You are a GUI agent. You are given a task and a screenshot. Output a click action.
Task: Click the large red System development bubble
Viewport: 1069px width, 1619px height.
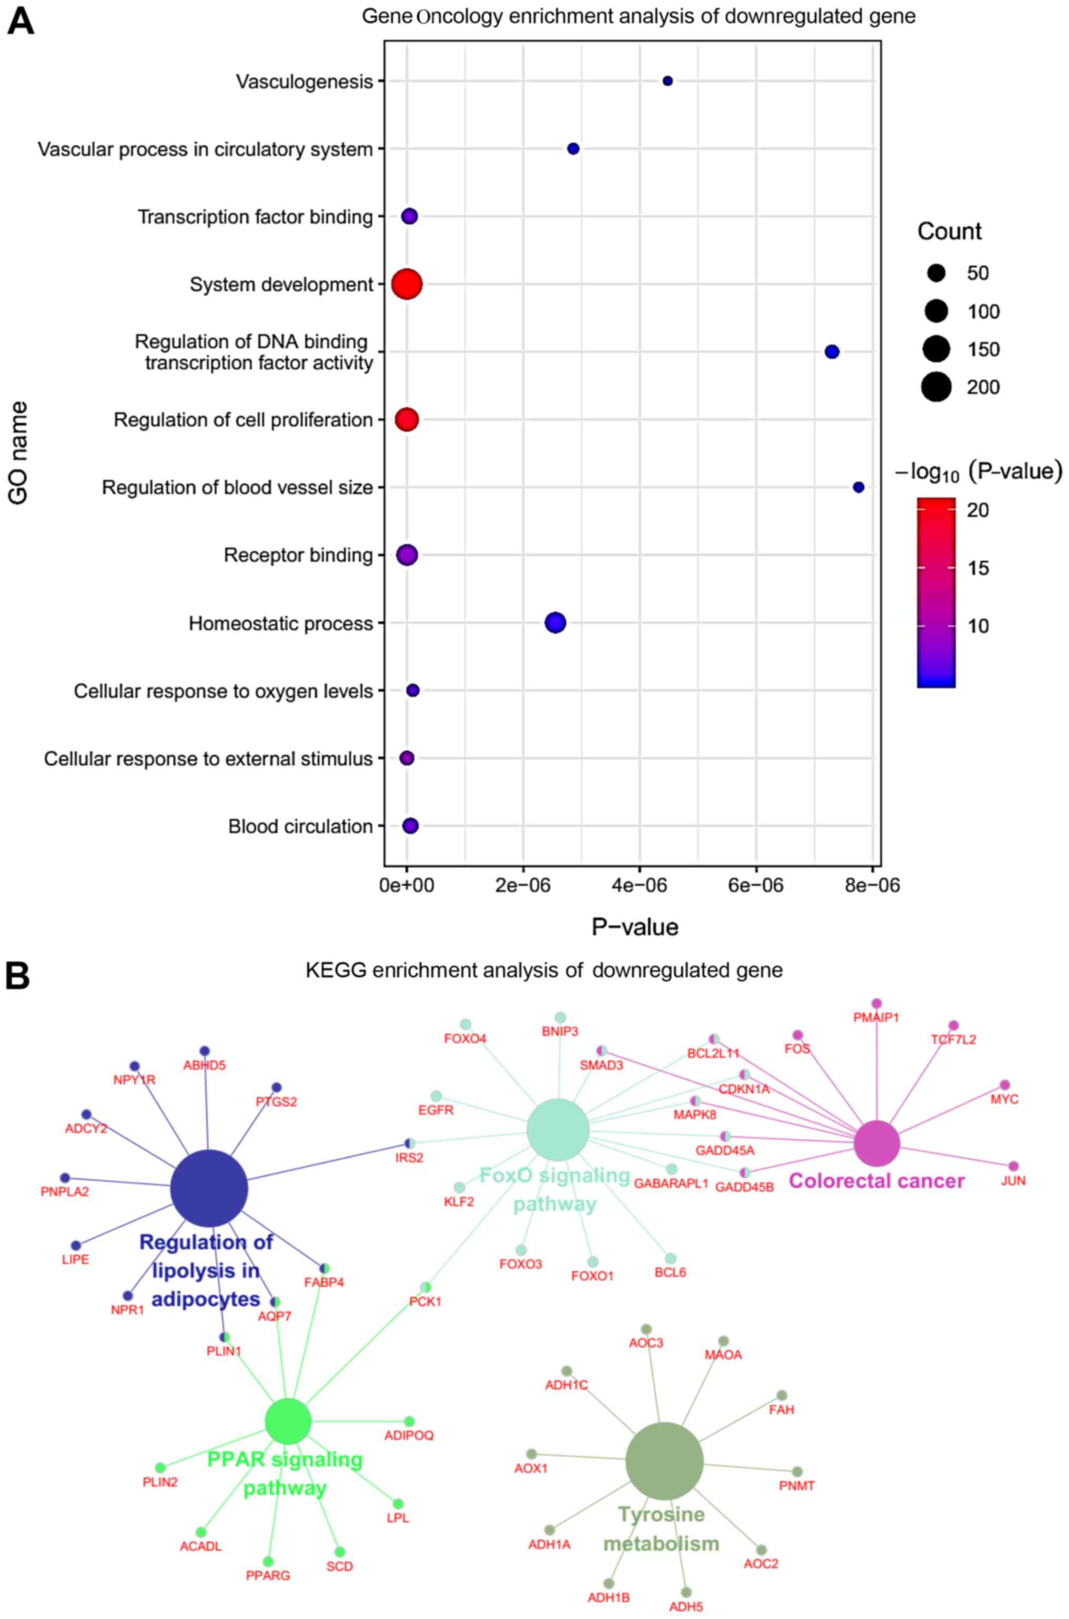[x=407, y=284]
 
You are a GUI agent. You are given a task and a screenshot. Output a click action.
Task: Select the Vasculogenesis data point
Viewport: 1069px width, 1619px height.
[x=668, y=81]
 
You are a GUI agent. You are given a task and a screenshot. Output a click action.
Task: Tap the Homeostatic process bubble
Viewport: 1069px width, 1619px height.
[x=556, y=622]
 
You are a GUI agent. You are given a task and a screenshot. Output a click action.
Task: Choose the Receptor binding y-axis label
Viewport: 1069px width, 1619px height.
[x=298, y=555]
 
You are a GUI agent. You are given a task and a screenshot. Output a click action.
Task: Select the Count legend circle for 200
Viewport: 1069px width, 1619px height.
[x=937, y=387]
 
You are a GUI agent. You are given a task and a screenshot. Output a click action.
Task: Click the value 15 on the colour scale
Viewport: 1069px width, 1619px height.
[x=979, y=569]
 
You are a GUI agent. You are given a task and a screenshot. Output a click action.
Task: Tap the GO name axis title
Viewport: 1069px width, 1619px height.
[x=18, y=453]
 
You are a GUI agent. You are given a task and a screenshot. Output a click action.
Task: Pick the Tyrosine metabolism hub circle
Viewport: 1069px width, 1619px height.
[x=664, y=1461]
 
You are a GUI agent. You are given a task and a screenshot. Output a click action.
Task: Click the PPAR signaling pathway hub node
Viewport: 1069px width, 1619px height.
[x=288, y=1421]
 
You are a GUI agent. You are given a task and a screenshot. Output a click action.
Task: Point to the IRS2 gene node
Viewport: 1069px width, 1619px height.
[x=410, y=1143]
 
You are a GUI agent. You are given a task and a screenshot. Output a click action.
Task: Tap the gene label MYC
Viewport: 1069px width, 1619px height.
[x=1004, y=1099]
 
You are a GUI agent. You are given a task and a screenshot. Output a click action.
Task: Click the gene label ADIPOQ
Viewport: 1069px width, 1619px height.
[x=409, y=1435]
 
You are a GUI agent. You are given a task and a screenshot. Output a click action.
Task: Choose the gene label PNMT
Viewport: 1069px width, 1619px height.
[x=796, y=1485]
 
